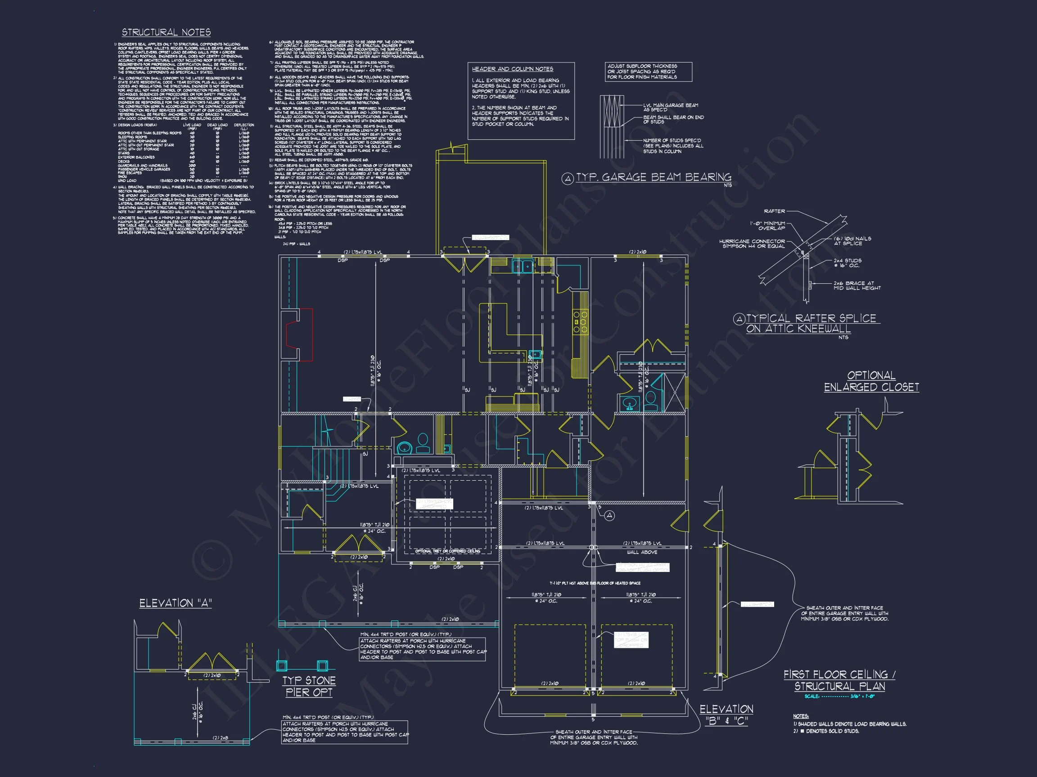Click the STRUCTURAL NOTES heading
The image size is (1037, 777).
click(x=166, y=32)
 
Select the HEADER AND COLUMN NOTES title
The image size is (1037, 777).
click(x=512, y=69)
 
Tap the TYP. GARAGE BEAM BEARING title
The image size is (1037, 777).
click(x=654, y=178)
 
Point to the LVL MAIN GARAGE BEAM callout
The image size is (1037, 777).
click(x=670, y=107)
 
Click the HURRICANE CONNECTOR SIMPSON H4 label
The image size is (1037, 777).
click(x=752, y=244)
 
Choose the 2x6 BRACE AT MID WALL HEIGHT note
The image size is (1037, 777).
click(x=857, y=286)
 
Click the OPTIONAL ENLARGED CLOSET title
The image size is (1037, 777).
click(x=871, y=381)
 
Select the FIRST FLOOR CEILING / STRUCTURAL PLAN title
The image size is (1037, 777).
click(x=839, y=680)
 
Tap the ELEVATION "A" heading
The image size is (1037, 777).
click(x=176, y=603)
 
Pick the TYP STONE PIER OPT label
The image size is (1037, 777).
click(x=309, y=686)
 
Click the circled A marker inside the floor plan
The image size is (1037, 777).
click(x=609, y=516)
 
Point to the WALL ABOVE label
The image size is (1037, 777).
click(x=642, y=552)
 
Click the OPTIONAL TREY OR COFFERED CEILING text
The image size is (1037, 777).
click(x=447, y=551)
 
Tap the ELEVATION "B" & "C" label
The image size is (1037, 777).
click(x=726, y=714)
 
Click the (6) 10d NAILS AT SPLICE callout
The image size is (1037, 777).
click(x=852, y=241)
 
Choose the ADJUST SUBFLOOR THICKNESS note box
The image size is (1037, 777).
click(x=649, y=71)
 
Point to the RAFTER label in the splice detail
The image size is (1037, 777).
click(x=774, y=211)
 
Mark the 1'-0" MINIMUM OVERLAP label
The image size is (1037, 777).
click(x=767, y=226)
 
